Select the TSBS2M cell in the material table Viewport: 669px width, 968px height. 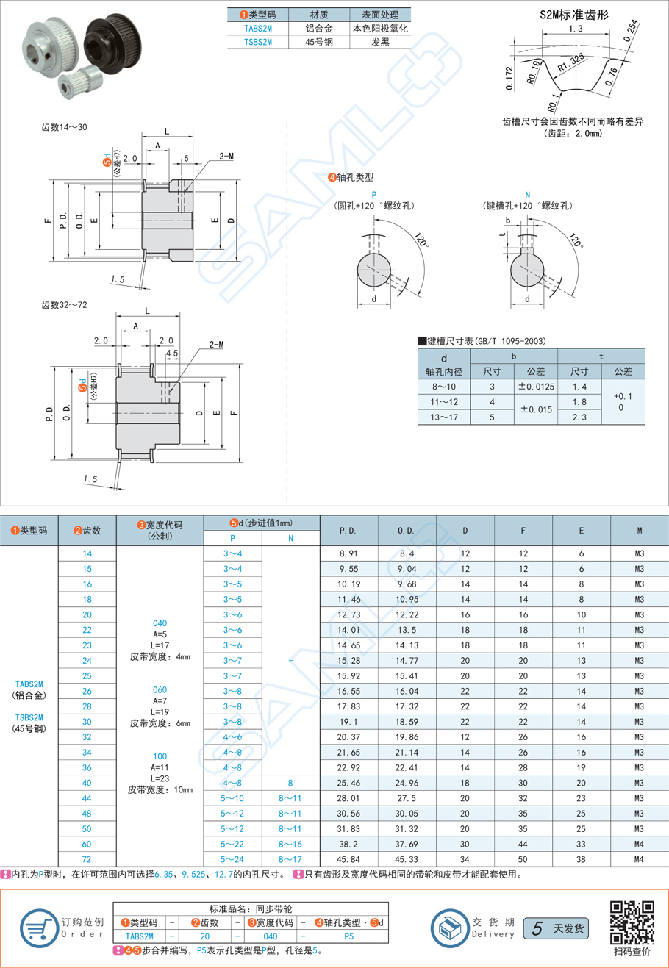[257, 43]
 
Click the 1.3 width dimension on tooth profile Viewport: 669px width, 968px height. [576, 29]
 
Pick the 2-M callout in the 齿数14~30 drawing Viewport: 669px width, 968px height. [226, 157]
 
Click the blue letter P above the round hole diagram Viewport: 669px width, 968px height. [374, 195]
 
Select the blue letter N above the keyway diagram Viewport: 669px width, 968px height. [528, 195]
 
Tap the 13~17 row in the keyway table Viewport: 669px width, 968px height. [443, 417]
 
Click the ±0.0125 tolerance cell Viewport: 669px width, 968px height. [536, 386]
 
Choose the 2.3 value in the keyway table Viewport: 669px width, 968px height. [579, 417]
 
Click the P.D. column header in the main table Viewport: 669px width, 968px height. [348, 530]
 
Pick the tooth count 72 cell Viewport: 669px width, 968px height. [87, 859]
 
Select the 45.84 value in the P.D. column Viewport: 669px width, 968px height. [348, 859]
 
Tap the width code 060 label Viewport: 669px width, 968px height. [160, 689]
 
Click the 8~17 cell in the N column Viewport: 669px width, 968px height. [290, 859]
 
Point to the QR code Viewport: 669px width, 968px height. [632, 922]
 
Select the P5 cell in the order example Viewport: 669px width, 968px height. [348, 936]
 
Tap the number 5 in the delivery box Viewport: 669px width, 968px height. [537, 929]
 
